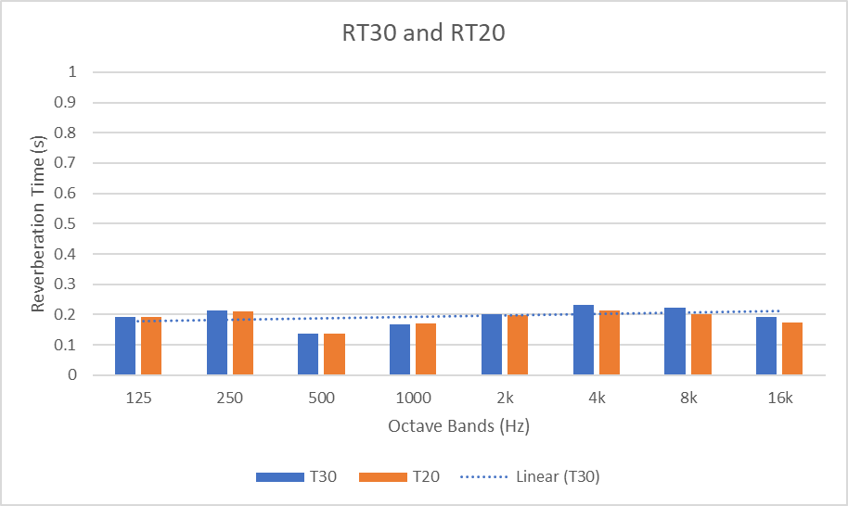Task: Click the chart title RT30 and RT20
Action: [x=423, y=33]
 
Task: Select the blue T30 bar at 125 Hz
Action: [x=125, y=347]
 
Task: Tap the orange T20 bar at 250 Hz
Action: [x=243, y=344]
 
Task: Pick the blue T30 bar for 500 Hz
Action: [x=308, y=355]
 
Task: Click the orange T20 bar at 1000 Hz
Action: [x=426, y=349]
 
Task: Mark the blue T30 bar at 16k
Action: [x=766, y=347]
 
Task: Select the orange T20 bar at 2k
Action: [x=518, y=345]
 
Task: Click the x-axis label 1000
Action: [x=413, y=398]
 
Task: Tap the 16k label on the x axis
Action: [x=780, y=398]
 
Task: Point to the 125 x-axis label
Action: [x=138, y=398]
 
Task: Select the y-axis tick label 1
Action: [x=73, y=72]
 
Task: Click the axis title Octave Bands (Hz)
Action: [x=458, y=426]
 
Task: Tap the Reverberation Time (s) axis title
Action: [x=39, y=223]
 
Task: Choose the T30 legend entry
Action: [x=296, y=477]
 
